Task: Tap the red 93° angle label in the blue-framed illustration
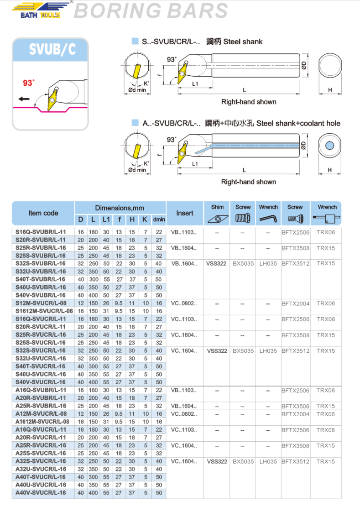coord(29,83)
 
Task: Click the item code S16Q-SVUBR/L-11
coord(41,232)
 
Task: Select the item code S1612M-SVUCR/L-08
coord(41,311)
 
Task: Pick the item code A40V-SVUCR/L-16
coord(41,493)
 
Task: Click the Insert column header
coord(185,213)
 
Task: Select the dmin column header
coord(159,220)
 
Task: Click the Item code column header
coord(43,213)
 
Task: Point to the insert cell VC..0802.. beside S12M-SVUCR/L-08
coord(184,303)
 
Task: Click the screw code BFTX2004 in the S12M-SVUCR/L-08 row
coord(295,303)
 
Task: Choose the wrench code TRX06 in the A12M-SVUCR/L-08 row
coord(326,414)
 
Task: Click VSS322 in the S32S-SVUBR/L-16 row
coord(216,264)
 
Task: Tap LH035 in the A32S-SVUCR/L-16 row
coord(268,462)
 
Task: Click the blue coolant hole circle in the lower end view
coord(330,146)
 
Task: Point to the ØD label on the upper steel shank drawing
coord(303,66)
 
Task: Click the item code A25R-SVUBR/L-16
coord(41,406)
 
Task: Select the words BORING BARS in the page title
coord(151,11)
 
